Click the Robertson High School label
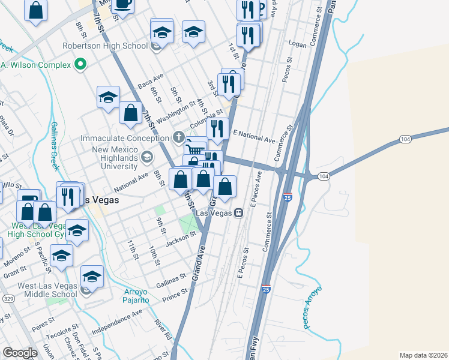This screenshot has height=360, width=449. pyautogui.click(x=106, y=46)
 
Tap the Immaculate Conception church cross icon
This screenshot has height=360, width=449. pyautogui.click(x=178, y=137)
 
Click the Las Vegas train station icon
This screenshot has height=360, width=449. pyautogui.click(x=239, y=212)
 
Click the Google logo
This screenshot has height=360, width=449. pyautogui.click(x=20, y=352)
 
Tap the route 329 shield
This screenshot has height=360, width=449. pyautogui.click(x=8, y=298)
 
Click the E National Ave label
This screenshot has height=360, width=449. pyautogui.click(x=254, y=136)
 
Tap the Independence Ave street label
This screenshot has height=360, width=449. pyautogui.click(x=117, y=322)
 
